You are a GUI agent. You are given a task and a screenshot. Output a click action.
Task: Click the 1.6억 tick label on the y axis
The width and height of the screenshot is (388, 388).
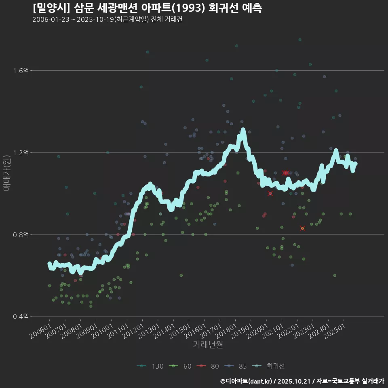21,71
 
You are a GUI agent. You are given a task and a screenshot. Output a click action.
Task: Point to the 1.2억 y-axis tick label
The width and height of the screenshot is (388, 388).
21,153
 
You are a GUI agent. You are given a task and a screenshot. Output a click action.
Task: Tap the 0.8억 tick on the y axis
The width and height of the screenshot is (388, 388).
21,234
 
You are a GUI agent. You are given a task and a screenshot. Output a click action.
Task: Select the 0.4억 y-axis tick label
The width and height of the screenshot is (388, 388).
21,316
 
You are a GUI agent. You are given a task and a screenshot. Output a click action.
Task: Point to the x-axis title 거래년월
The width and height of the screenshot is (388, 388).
208,345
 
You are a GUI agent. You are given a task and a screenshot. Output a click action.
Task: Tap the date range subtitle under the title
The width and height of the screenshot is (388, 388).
107,19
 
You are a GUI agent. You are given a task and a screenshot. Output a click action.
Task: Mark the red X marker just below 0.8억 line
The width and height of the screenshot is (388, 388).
302,228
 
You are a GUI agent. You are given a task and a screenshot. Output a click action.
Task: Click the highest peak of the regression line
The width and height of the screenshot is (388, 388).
243,130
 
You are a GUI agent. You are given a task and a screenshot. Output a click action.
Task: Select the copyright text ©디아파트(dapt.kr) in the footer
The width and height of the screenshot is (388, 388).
247,381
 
